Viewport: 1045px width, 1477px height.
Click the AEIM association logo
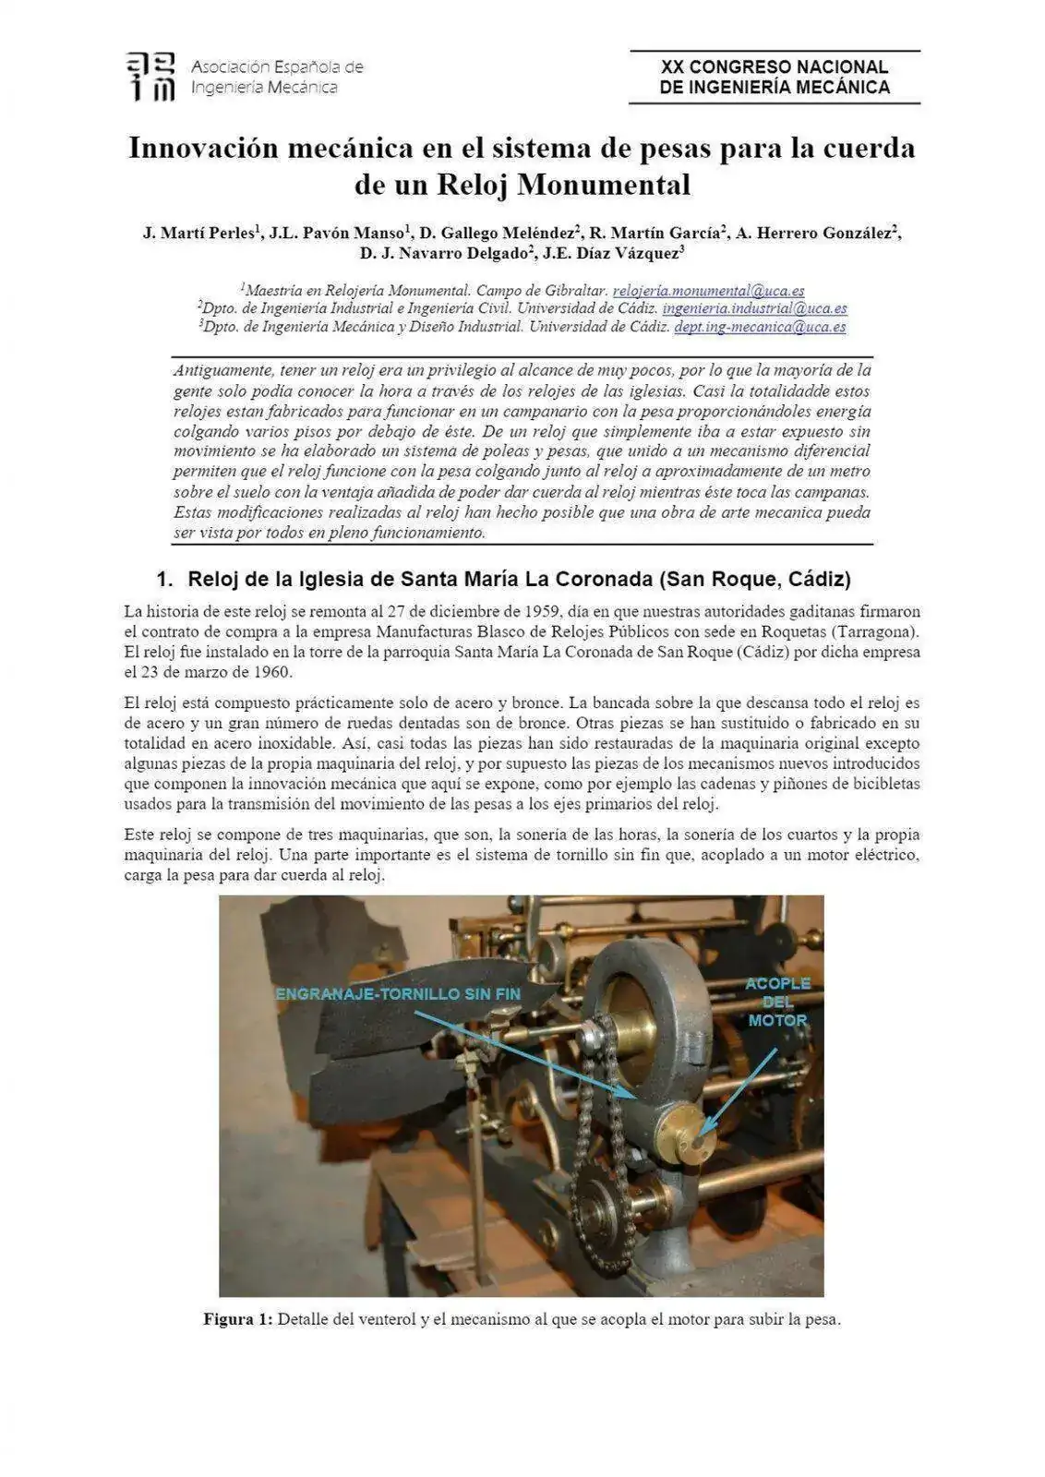pyautogui.click(x=150, y=77)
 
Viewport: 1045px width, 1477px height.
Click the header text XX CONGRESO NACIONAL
pyautogui.click(x=774, y=66)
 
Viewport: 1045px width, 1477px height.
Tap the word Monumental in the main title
pyautogui.click(x=603, y=185)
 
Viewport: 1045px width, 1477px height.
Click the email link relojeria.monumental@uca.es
pyautogui.click(x=708, y=290)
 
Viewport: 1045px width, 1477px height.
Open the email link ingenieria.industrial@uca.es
pyautogui.click(x=754, y=308)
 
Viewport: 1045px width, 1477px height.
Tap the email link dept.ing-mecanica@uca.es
pyautogui.click(x=760, y=327)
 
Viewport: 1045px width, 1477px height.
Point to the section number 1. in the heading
pyautogui.click(x=164, y=580)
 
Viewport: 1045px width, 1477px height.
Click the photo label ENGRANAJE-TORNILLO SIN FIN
pyautogui.click(x=398, y=994)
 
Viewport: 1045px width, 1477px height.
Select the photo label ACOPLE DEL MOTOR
pyautogui.click(x=777, y=1002)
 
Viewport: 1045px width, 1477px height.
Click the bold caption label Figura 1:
pyautogui.click(x=237, y=1319)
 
